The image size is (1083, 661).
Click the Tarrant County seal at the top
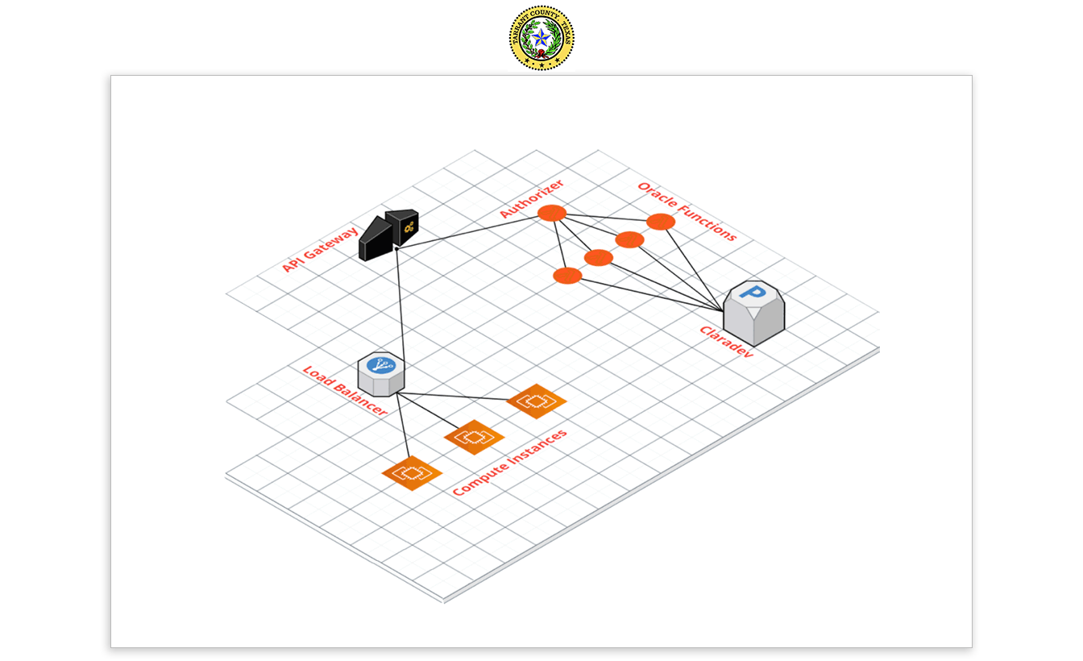point(541,38)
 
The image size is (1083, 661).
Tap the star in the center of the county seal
point(541,38)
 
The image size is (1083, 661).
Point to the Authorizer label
point(531,198)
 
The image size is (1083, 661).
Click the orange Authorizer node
point(552,213)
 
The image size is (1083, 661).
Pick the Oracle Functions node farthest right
point(660,222)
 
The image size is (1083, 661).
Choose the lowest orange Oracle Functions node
point(567,276)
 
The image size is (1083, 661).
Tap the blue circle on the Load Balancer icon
point(380,364)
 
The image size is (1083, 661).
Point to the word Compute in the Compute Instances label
point(482,479)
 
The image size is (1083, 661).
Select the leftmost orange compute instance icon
point(412,472)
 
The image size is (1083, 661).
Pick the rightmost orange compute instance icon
point(536,401)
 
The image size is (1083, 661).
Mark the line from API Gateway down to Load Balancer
point(399,306)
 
